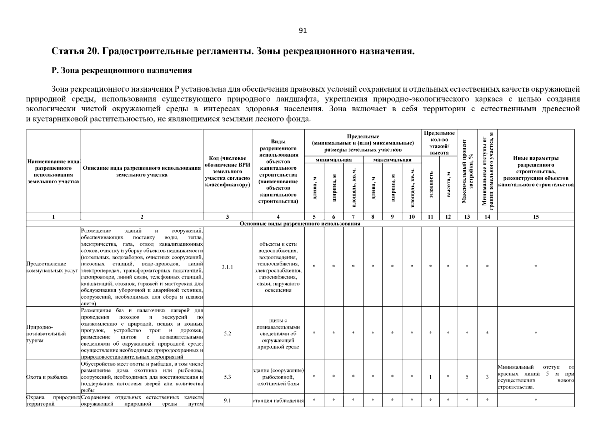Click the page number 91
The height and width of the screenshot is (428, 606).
point(302,30)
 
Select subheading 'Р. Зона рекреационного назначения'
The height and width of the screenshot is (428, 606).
point(122,70)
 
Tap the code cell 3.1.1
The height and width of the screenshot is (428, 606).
point(227,267)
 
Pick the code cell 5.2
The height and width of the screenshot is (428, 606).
point(227,333)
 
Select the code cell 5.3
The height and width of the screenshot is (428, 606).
point(227,377)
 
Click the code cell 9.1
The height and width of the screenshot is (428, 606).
point(227,401)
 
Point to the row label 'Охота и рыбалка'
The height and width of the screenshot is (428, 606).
point(47,377)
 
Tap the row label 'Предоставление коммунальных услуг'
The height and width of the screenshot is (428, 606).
point(52,267)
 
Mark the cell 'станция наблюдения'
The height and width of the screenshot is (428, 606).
point(278,401)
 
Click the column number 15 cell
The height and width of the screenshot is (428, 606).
point(536,216)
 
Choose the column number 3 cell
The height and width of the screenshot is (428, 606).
point(227,216)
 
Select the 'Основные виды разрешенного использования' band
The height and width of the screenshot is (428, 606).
point(300,224)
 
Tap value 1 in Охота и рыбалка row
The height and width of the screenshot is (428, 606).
point(431,377)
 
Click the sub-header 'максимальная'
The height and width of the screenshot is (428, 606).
point(392,160)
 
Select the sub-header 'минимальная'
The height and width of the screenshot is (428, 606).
point(334,160)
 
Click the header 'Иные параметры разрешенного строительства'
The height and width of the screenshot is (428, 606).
point(536,171)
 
